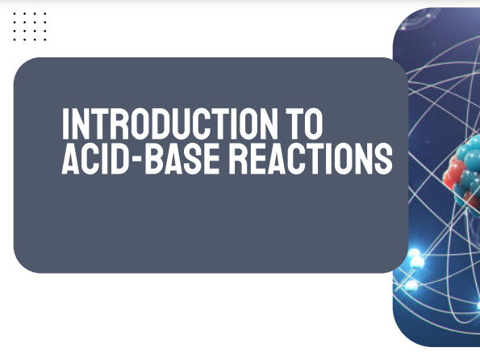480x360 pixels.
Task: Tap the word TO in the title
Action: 302,124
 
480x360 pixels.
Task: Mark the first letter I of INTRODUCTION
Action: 67,124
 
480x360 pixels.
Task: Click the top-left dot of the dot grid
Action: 16,14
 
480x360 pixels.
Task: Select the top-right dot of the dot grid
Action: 46,14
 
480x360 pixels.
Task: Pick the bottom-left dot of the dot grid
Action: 16,39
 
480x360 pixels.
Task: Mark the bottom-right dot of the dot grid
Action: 46,39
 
